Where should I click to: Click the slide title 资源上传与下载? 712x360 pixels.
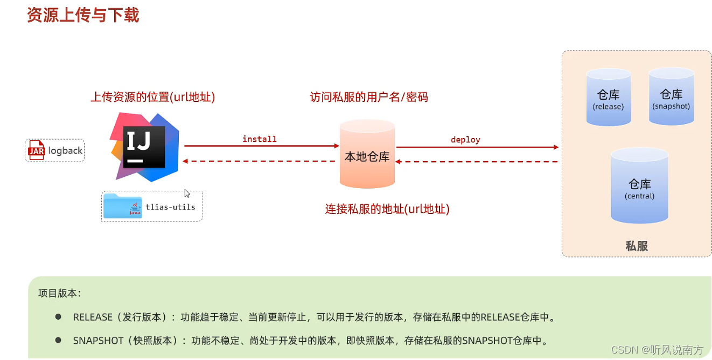coord(83,15)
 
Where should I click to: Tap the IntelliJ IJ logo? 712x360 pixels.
coord(144,146)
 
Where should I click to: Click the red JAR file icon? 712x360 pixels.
coord(36,150)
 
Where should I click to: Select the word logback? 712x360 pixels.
coord(65,151)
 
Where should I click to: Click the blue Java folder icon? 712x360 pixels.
coord(122,206)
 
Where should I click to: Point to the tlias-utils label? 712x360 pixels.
coord(170,207)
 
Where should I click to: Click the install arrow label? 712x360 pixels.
coord(259,139)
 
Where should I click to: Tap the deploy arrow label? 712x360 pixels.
coord(465,140)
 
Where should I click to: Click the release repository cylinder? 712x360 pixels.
coord(608,98)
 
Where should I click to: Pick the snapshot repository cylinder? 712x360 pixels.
coord(671,97)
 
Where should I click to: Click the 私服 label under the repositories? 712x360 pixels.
coord(636,246)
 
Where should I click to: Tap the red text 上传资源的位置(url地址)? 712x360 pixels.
coord(152,97)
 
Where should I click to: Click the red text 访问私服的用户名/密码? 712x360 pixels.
coord(368,97)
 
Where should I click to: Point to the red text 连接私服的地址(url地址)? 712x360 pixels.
coord(387,209)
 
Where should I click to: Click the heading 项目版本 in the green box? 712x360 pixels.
coord(59,294)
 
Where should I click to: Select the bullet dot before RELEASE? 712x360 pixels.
coord(58,316)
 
